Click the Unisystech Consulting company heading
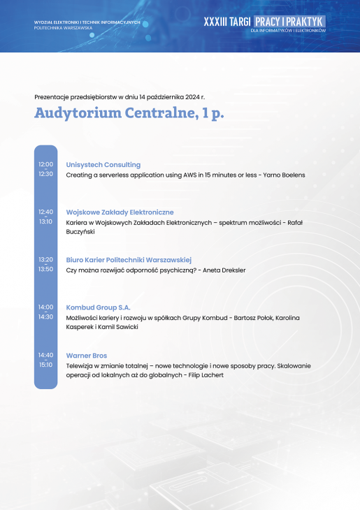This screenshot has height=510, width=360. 103,165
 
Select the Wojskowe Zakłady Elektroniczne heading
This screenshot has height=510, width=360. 120,212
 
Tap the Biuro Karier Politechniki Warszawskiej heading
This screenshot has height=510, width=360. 129,260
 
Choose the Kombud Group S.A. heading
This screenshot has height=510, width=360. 99,307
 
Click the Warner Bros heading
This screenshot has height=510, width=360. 87,356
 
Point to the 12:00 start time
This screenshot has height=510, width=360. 45,164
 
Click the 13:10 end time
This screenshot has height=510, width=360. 45,221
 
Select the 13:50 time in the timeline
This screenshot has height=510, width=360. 45,269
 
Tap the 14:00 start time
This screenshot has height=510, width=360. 45,307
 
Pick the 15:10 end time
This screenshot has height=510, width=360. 45,365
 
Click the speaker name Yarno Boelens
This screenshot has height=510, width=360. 285,175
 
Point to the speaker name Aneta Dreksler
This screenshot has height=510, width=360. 224,270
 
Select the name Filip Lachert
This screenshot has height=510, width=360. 206,375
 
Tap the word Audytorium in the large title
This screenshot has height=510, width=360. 78,113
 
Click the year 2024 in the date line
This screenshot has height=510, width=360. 192,97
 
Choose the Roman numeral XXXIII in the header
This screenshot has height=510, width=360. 215,22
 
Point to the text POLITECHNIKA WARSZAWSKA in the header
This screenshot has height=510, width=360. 63,28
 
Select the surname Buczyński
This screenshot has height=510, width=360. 80,232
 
